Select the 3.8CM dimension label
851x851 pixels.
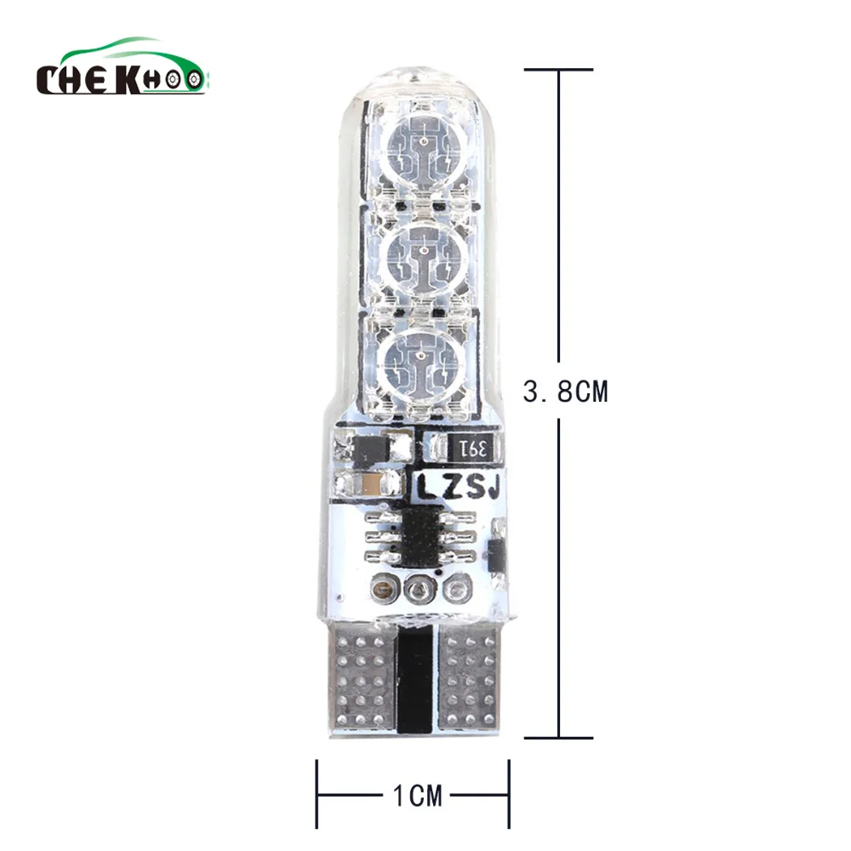pos(566,392)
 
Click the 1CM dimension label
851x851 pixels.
pos(418,797)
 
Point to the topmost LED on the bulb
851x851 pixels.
pos(423,147)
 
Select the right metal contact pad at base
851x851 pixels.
pos(471,674)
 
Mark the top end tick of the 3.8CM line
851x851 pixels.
pos(558,69)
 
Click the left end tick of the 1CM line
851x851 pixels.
pos(317,797)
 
